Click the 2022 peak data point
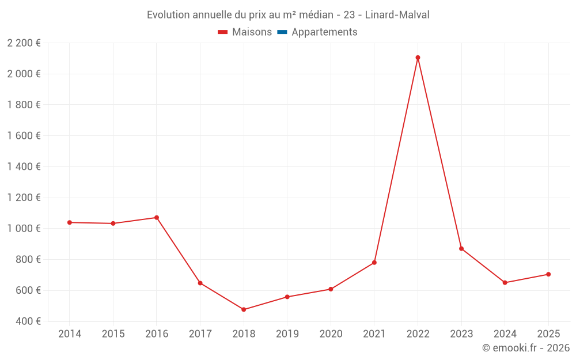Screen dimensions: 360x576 (x=418, y=58)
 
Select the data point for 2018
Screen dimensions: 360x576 (x=244, y=310)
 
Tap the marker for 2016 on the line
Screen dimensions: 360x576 (x=156, y=218)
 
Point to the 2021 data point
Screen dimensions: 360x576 (x=374, y=263)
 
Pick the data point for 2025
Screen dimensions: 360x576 (x=548, y=274)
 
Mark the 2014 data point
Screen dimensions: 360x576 (x=69, y=222)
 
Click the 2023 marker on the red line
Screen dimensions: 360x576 (x=461, y=249)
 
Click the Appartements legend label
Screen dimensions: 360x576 (x=324, y=32)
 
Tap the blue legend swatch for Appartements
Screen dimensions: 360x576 (x=282, y=32)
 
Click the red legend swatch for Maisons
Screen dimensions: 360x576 (x=223, y=32)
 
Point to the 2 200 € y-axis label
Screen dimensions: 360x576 (x=24, y=43)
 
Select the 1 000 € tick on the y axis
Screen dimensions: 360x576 (x=24, y=229)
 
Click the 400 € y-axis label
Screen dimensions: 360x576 (x=27, y=321)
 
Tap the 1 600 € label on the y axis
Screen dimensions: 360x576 (x=24, y=136)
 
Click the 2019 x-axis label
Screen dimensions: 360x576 (x=287, y=334)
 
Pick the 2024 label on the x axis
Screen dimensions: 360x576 (x=505, y=334)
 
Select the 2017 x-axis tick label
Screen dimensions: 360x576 (x=200, y=334)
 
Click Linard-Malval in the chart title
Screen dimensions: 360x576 (x=397, y=15)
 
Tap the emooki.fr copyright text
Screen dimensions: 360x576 (x=525, y=348)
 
